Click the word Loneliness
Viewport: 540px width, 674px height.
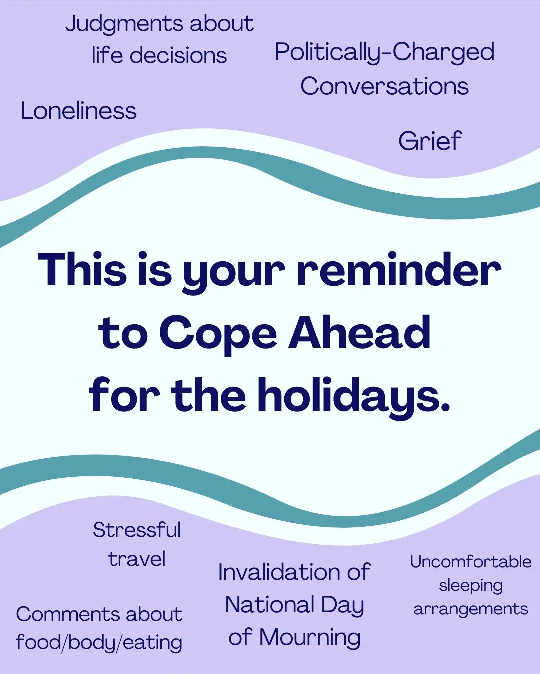click(x=78, y=111)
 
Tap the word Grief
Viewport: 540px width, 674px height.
click(x=430, y=141)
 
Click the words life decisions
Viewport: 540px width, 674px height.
click(x=159, y=55)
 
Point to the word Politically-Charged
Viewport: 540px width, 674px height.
click(x=384, y=52)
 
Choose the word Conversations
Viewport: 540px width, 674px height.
click(x=384, y=86)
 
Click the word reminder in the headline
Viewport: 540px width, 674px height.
click(x=398, y=270)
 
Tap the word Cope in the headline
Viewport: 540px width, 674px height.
click(x=217, y=333)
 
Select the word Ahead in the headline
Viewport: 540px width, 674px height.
click(x=359, y=333)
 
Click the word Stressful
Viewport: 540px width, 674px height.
click(x=137, y=530)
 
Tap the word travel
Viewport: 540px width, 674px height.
click(x=137, y=559)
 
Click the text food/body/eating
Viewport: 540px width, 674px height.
click(x=99, y=642)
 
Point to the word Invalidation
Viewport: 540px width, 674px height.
click(x=279, y=572)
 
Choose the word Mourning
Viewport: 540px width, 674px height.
click(x=310, y=637)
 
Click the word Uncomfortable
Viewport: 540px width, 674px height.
click(x=470, y=562)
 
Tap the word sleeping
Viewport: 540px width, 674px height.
click(x=470, y=586)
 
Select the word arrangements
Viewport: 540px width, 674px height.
click(x=470, y=609)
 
